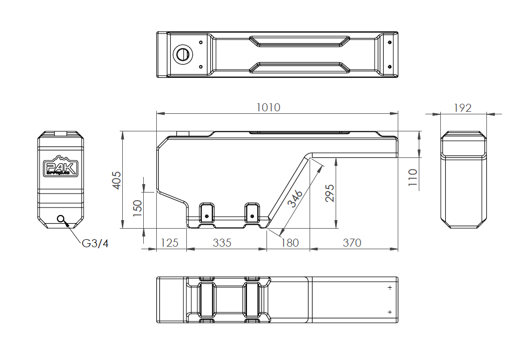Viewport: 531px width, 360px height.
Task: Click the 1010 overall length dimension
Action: [268, 107]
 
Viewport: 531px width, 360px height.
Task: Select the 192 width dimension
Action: [462, 108]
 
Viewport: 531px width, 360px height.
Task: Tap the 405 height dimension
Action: [116, 180]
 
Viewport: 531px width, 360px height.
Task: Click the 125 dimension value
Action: [169, 243]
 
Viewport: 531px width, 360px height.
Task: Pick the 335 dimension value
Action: [222, 243]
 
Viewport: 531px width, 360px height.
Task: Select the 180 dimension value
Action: [290, 243]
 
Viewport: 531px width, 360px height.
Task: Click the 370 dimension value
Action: [352, 243]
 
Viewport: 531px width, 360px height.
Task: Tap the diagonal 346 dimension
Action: [296, 198]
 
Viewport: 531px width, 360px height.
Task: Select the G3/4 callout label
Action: [95, 243]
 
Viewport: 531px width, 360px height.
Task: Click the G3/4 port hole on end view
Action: [62, 219]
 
